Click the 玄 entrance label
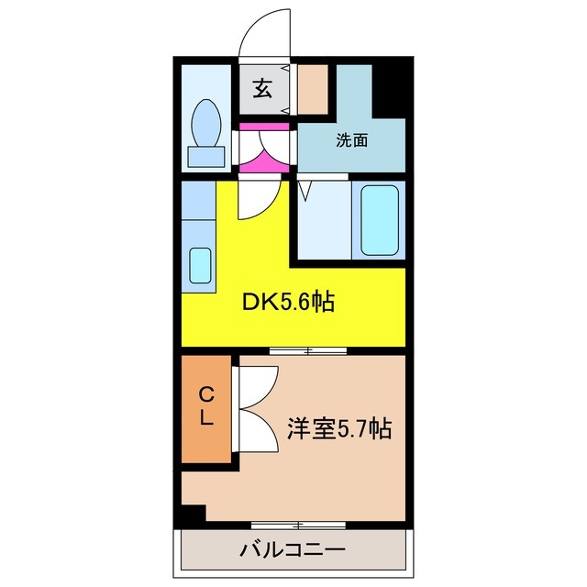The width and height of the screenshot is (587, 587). pyautogui.click(x=262, y=89)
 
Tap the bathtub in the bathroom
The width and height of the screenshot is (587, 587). pyautogui.click(x=381, y=220)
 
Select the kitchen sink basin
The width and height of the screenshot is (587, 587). pyautogui.click(x=199, y=265)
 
